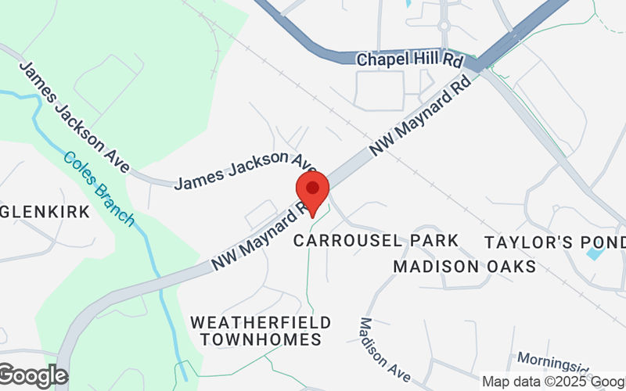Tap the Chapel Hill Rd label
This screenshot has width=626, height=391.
(x=409, y=59)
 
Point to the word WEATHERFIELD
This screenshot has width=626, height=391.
(x=261, y=322)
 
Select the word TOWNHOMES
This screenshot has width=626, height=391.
(x=261, y=339)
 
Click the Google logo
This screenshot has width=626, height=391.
(x=33, y=376)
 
